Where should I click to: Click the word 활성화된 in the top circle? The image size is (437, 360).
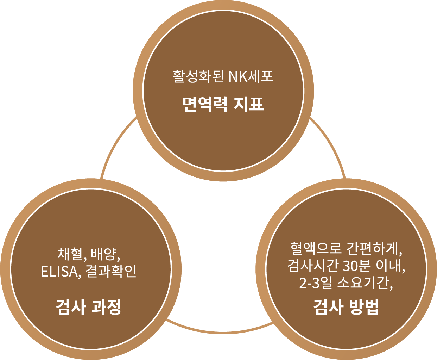(198, 76)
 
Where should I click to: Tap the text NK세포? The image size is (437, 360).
(251, 76)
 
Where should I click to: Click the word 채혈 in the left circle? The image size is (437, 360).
(70, 253)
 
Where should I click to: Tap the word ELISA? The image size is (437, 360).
(59, 271)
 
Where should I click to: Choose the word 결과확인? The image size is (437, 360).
(111, 271)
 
